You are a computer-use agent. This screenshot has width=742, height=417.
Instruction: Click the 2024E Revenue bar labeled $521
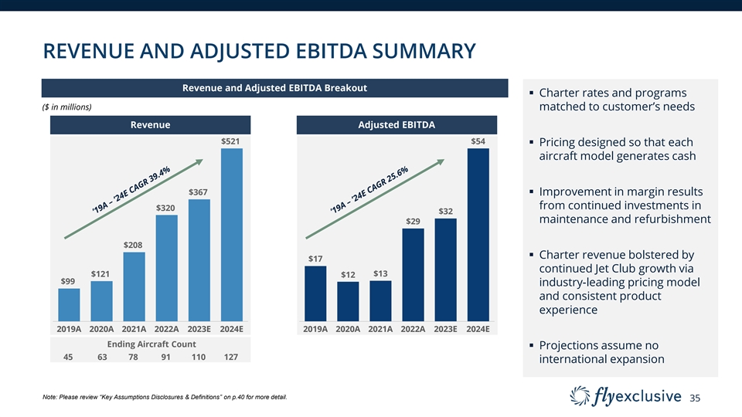coord(232,234)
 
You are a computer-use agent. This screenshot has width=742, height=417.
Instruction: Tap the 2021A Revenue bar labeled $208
coord(134,286)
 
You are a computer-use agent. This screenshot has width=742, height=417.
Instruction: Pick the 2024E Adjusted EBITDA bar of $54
coord(478,234)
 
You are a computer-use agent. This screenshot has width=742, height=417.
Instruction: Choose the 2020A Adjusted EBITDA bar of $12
coord(348,301)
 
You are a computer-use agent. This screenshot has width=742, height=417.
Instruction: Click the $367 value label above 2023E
coord(199,192)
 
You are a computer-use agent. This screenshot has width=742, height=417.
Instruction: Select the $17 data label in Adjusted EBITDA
coord(315,258)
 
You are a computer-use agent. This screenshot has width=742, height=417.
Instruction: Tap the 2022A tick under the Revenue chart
coord(167,329)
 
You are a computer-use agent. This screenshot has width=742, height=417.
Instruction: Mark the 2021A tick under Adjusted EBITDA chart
coord(380,329)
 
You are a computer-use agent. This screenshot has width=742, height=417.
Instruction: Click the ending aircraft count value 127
coord(230,357)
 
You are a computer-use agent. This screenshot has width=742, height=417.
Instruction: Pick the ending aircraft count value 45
coord(68,357)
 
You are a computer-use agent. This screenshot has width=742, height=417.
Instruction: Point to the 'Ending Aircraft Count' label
coord(151,344)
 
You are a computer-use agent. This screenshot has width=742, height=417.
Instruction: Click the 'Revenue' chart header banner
coord(151,124)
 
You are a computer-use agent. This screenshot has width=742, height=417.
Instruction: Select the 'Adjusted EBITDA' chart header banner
coord(397,124)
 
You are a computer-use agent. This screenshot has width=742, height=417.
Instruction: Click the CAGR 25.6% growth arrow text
coord(369,190)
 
